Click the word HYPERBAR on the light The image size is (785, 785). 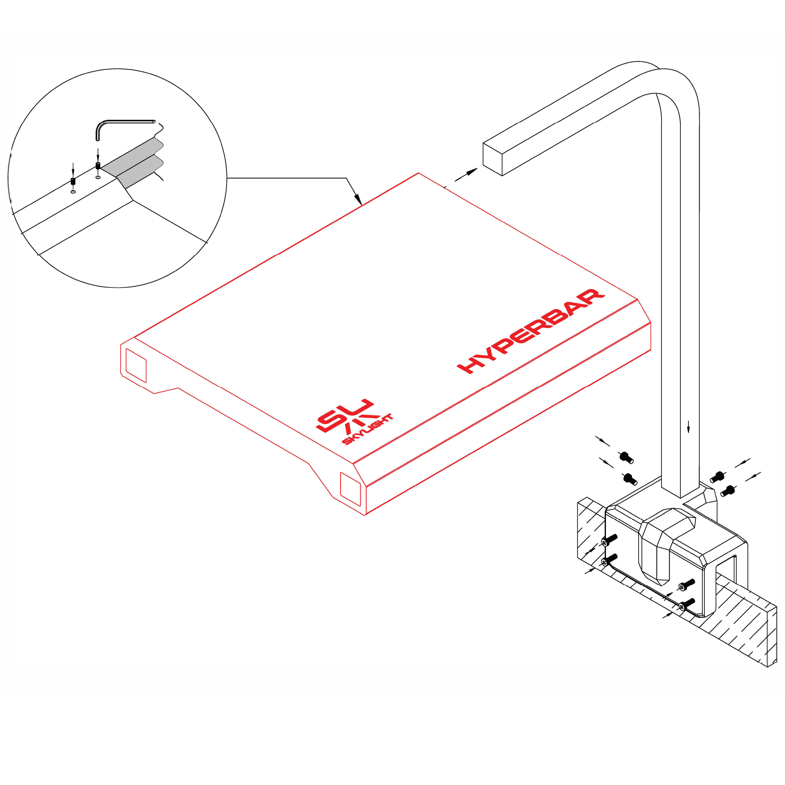(x=531, y=331)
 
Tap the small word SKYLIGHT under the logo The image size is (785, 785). (x=368, y=429)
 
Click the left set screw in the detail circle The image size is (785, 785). (x=73, y=181)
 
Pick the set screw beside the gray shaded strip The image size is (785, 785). (x=98, y=166)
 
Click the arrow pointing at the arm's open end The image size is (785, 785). (x=466, y=175)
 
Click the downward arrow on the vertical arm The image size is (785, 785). (x=689, y=426)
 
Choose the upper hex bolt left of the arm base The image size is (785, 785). (x=626, y=458)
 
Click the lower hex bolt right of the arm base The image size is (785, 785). (x=728, y=491)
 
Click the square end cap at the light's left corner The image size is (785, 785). (x=136, y=366)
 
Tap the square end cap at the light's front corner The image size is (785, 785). (x=350, y=489)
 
